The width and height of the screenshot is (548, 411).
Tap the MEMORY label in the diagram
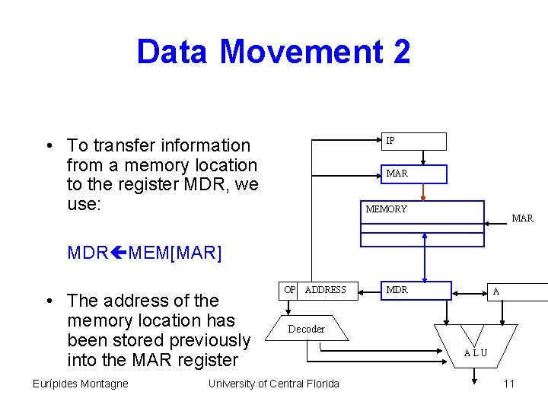pyautogui.click(x=387, y=209)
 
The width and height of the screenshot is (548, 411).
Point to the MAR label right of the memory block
pyautogui.click(x=522, y=218)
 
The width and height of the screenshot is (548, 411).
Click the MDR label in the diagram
pyautogui.click(x=397, y=290)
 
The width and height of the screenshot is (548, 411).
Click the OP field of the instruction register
pyautogui.click(x=289, y=290)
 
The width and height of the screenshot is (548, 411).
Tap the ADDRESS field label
pyautogui.click(x=325, y=290)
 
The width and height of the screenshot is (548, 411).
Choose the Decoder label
pyautogui.click(x=306, y=330)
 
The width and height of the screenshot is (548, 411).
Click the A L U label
pyautogui.click(x=476, y=353)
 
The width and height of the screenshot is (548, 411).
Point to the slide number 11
pyautogui.click(x=508, y=384)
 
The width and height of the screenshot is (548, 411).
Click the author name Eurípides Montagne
pyautogui.click(x=80, y=384)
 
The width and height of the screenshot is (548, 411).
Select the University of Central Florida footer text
pyautogui.click(x=274, y=384)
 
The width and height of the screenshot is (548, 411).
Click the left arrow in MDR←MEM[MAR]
pyautogui.click(x=119, y=253)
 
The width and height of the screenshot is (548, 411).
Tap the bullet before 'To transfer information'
pyautogui.click(x=48, y=146)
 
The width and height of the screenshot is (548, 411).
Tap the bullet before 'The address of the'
pyautogui.click(x=48, y=301)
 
